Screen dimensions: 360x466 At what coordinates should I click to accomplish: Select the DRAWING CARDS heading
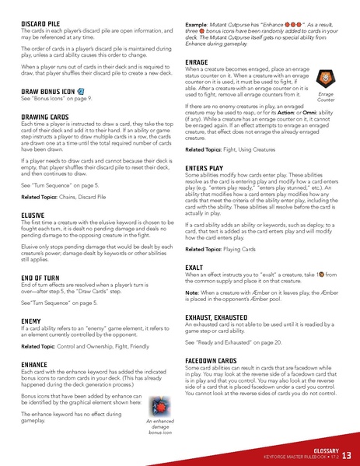click(x=44, y=116)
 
